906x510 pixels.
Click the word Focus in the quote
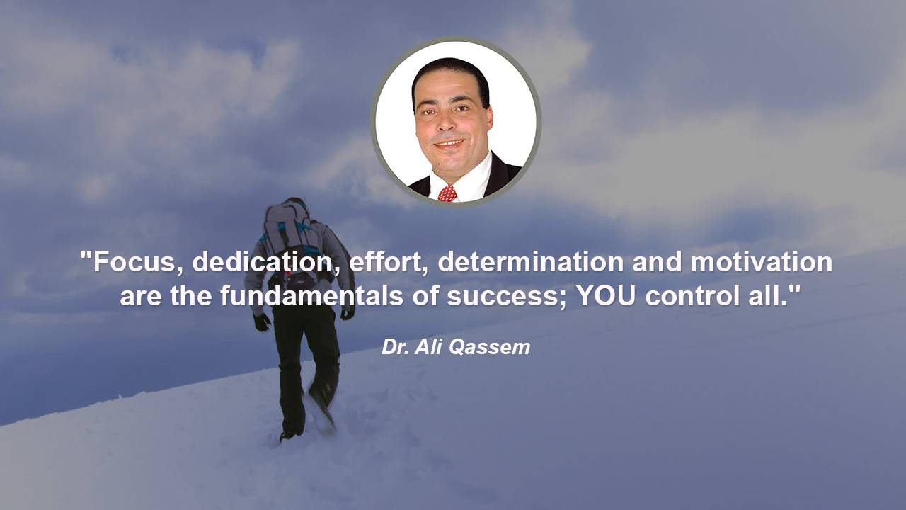[x=134, y=262]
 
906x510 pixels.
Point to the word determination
[x=531, y=262]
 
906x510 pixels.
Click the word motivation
[x=761, y=262]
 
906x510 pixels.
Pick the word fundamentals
[x=312, y=296]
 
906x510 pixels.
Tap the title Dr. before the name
[x=395, y=347]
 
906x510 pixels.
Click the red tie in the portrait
[x=447, y=193]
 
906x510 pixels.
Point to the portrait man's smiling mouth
[x=449, y=143]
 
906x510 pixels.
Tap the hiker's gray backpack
[x=288, y=231]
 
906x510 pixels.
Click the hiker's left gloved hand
[x=262, y=322]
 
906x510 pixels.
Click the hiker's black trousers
[x=304, y=364]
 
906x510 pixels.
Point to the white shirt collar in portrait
[x=467, y=178]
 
